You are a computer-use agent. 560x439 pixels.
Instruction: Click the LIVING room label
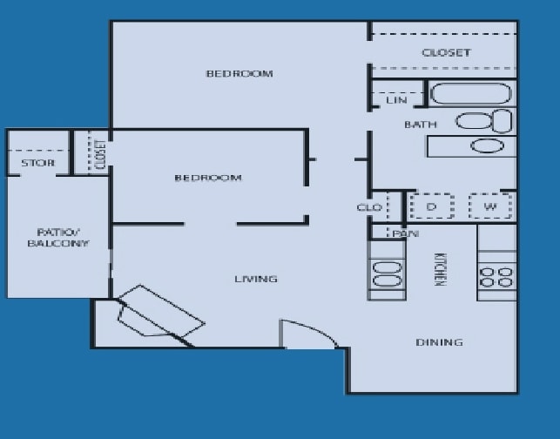click(256, 279)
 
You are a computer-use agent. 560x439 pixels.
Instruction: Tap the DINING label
click(439, 342)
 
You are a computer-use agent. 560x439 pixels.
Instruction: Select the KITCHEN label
click(440, 269)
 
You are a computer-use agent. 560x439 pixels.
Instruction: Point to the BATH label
click(421, 125)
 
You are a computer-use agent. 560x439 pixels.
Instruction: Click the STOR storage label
click(37, 163)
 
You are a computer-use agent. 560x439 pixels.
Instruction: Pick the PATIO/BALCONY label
click(57, 239)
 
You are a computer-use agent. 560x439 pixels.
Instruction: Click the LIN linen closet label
click(396, 100)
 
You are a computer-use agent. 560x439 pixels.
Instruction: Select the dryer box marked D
click(432, 206)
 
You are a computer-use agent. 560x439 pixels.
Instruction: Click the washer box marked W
click(490, 206)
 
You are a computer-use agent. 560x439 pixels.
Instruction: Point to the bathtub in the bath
click(471, 93)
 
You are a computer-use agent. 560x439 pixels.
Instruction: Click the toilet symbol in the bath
click(484, 121)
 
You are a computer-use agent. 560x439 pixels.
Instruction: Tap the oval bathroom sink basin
click(488, 145)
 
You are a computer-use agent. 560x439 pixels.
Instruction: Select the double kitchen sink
click(388, 274)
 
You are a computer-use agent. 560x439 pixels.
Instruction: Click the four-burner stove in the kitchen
click(497, 277)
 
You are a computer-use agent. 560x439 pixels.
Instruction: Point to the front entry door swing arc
click(313, 330)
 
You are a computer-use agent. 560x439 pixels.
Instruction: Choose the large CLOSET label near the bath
click(446, 53)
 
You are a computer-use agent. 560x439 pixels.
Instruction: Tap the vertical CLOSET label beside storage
click(101, 154)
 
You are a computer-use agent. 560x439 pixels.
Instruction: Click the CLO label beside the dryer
click(369, 207)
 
